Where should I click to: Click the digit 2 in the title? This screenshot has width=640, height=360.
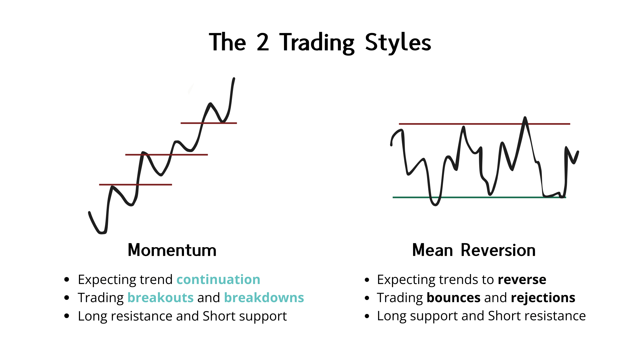tap(263, 42)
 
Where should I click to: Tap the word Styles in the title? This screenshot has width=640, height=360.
tap(398, 43)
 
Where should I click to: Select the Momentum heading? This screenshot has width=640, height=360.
tap(172, 250)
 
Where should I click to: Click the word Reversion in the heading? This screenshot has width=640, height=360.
tap(498, 250)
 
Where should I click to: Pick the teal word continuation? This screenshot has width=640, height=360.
tap(218, 279)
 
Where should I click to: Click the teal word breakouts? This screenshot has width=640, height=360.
tap(161, 298)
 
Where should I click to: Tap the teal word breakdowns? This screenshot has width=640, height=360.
tap(264, 298)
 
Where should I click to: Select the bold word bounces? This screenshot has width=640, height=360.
tap(454, 298)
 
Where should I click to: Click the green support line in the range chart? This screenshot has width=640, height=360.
tap(479, 197)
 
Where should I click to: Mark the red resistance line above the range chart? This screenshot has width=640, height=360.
tap(485, 124)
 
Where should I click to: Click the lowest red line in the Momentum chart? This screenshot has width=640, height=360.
tap(135, 185)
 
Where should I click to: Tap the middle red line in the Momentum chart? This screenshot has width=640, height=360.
tap(166, 155)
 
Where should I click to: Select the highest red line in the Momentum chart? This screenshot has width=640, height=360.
tap(209, 123)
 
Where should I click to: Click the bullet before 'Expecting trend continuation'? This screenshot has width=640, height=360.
tap(67, 280)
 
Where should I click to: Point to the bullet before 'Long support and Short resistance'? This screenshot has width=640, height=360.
tap(367, 316)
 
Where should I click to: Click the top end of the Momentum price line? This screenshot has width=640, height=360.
tap(234, 78)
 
